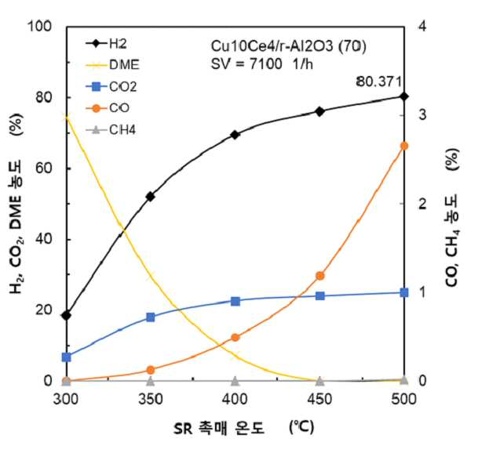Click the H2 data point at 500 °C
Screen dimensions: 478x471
pyautogui.click(x=404, y=96)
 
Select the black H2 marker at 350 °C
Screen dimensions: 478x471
pyautogui.click(x=150, y=197)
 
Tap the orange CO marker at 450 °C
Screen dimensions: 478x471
pyautogui.click(x=319, y=276)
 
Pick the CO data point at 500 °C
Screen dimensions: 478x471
pyautogui.click(x=404, y=146)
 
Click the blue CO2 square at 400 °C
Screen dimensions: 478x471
pyautogui.click(x=235, y=302)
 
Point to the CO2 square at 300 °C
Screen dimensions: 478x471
pyautogui.click(x=66, y=357)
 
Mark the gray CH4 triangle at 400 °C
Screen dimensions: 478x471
pyautogui.click(x=235, y=380)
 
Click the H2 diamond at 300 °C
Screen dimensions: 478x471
pyautogui.click(x=66, y=315)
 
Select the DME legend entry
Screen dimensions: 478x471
pyautogui.click(x=113, y=65)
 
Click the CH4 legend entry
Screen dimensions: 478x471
pyautogui.click(x=111, y=130)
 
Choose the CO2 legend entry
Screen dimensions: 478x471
pyautogui.click(x=111, y=87)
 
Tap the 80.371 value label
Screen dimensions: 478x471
pyautogui.click(x=378, y=82)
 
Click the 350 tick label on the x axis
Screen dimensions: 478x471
pyautogui.click(x=150, y=399)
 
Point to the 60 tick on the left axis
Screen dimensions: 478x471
pyautogui.click(x=44, y=168)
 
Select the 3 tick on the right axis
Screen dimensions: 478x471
pyautogui.click(x=422, y=114)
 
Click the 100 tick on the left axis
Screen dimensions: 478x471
pyautogui.click(x=39, y=26)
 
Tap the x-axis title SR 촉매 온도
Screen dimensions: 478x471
pyautogui.click(x=218, y=429)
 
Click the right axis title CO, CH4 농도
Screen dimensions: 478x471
pyautogui.click(x=452, y=241)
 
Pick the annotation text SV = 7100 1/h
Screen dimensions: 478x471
pyautogui.click(x=262, y=64)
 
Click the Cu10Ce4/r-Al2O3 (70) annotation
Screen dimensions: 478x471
pyautogui.click(x=288, y=46)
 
